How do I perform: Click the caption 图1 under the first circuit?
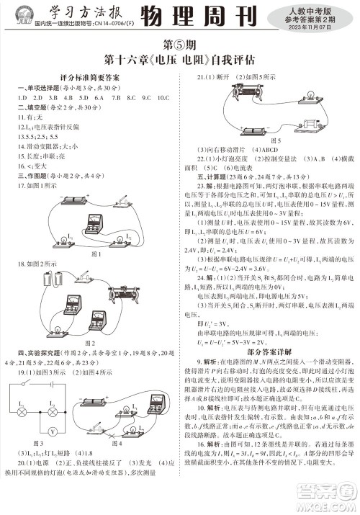coord(94,254)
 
